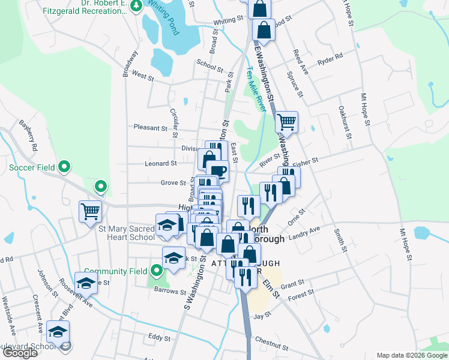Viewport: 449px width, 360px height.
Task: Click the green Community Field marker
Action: [157, 271]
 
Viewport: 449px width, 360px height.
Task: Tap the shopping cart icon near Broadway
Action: [90, 211]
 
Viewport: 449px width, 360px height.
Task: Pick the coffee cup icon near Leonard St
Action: [217, 172]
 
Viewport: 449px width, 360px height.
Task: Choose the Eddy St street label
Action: [160, 338]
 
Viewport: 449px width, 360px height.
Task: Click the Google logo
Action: [21, 353]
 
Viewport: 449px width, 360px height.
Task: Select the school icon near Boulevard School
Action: [58, 331]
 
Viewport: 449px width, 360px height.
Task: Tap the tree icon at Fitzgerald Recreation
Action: [136, 5]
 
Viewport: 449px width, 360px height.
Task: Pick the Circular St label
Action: [175, 118]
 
